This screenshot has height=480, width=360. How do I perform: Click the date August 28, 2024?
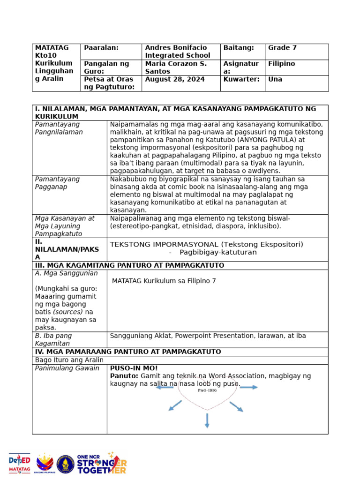tap(175, 79)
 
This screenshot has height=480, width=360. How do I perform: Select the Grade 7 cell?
tap(282, 48)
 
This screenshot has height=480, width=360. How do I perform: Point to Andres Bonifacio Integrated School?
tap(178, 52)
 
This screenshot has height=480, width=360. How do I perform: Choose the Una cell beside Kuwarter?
tap(275, 79)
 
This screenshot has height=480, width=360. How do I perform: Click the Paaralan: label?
tap(101, 48)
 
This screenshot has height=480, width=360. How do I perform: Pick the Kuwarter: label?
tap(241, 79)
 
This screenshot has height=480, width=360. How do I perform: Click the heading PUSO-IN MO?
tap(134, 368)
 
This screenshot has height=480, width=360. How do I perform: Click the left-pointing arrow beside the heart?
tap(165, 387)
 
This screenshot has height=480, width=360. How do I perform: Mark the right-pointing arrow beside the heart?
tap(248, 387)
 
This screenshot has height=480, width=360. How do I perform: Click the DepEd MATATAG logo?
tap(20, 464)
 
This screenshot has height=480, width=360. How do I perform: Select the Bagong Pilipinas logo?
tap(45, 464)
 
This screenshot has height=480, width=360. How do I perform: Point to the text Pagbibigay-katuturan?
tap(218, 252)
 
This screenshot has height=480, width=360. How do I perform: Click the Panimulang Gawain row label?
tap(67, 368)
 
